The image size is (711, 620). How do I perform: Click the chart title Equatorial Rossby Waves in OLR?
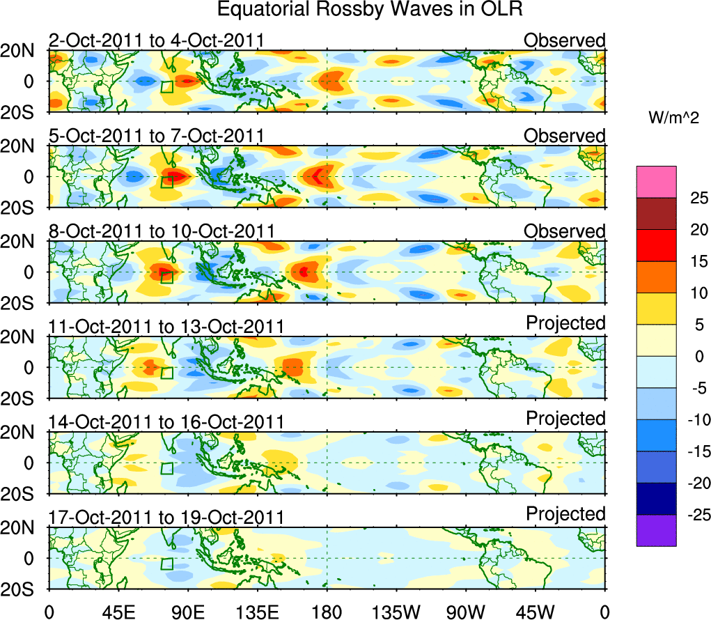click(370, 10)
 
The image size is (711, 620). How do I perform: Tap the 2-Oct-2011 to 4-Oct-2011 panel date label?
click(156, 40)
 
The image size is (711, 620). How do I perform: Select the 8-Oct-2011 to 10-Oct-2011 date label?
click(162, 231)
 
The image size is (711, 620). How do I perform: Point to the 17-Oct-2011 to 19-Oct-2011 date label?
click(166, 518)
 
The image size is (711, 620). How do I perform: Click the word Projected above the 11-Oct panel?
click(565, 323)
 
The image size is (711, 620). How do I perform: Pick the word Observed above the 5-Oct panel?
click(565, 135)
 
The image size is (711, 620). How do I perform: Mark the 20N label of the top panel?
click(23, 51)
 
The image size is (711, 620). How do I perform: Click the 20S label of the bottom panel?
click(23, 589)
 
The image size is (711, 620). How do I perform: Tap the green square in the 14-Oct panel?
click(166, 468)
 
